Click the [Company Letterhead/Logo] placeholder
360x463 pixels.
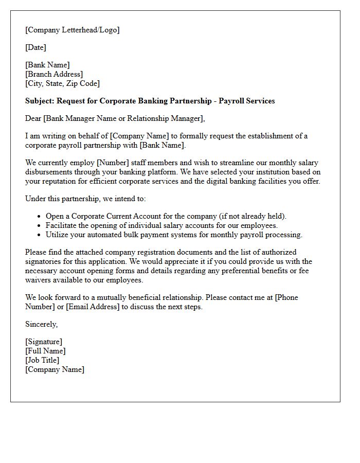(x=72, y=30)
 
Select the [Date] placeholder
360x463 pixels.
(x=35, y=47)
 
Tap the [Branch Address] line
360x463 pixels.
(x=54, y=74)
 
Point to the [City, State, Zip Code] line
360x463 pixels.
(x=62, y=83)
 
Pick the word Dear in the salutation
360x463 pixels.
(x=33, y=118)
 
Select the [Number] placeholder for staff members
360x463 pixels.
(x=112, y=163)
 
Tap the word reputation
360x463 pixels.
(x=61, y=181)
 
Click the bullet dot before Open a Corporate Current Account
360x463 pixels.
(x=40, y=217)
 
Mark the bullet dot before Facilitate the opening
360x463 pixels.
(x=40, y=226)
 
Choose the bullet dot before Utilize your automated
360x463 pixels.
(x=40, y=235)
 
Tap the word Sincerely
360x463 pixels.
(x=41, y=324)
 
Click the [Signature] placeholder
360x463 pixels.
(x=44, y=342)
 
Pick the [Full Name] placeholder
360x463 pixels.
(x=45, y=351)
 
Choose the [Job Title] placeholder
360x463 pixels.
(x=42, y=360)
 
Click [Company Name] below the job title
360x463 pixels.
(x=55, y=369)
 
